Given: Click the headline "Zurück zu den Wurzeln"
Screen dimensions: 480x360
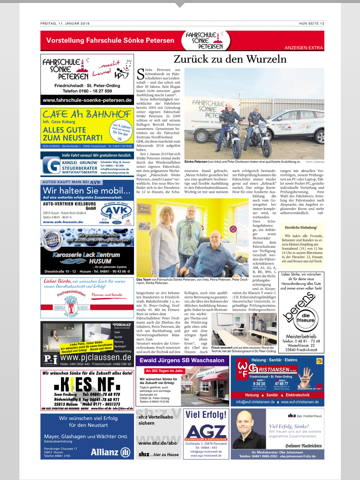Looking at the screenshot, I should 230,59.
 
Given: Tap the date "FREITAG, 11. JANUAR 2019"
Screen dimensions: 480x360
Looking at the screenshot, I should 65,23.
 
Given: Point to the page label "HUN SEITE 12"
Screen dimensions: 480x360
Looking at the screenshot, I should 311,23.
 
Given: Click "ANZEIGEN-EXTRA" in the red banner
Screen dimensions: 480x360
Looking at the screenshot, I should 304,48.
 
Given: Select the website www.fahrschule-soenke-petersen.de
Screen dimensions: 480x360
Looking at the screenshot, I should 87,100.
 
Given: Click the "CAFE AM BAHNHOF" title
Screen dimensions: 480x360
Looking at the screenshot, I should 87,114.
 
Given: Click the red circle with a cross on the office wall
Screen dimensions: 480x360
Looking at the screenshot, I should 233,229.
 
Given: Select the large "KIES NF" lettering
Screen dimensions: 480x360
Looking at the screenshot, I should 87,384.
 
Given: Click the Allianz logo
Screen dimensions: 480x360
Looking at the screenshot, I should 110,452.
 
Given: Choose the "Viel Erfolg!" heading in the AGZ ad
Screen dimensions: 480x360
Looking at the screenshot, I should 206,415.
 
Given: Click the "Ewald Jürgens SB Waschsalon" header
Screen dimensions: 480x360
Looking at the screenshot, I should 182,360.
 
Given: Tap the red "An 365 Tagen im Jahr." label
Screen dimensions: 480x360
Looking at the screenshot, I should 164,371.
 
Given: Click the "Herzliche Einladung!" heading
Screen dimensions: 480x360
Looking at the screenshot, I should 301,227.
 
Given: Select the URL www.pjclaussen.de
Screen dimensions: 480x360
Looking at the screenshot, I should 96,357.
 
